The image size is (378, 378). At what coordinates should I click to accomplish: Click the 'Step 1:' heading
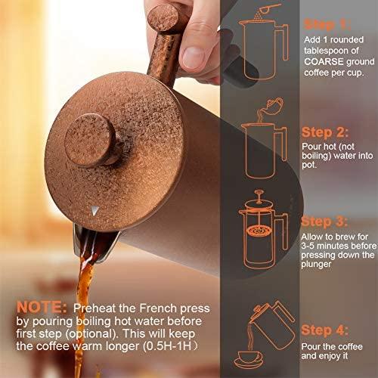(x=327, y=24)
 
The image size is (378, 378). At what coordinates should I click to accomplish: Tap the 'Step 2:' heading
(x=325, y=132)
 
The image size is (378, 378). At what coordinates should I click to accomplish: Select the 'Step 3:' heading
(x=324, y=222)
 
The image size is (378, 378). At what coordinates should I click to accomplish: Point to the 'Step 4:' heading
(x=324, y=330)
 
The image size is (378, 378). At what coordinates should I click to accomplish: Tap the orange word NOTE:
(x=42, y=308)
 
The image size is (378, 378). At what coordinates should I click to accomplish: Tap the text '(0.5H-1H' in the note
(x=167, y=346)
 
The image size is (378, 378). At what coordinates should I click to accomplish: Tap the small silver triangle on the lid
(x=94, y=211)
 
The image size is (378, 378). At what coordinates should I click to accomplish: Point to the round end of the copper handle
(x=163, y=17)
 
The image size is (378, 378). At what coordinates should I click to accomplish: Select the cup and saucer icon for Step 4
(x=249, y=360)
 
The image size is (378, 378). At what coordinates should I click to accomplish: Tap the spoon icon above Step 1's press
(x=268, y=8)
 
